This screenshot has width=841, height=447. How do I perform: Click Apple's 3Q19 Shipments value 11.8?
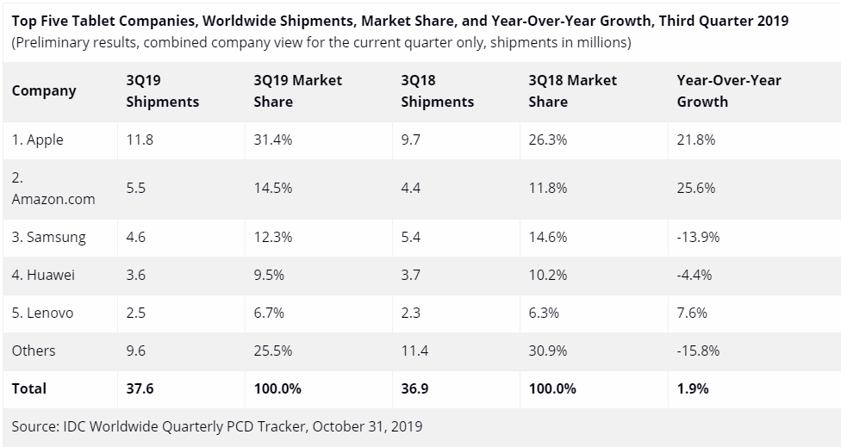140,140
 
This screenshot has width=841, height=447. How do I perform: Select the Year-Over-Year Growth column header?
729,90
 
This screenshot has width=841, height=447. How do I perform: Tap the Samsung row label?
49,237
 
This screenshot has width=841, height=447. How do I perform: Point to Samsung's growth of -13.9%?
699,237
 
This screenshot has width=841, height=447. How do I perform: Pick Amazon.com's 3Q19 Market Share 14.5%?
273,188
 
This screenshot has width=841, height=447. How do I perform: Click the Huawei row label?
43,275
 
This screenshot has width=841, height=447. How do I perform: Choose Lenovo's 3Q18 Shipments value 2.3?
411,313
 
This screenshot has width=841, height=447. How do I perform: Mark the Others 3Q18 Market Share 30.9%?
548,351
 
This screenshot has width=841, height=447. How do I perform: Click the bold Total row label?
29,388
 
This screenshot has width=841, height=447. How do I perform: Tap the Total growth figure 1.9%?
693,388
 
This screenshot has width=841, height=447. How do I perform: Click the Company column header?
44,90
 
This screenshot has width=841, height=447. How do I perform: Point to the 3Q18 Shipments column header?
438,90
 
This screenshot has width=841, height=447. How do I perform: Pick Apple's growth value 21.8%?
696,140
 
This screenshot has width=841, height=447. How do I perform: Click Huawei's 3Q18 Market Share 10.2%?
548,275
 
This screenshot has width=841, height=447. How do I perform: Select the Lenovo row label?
43,313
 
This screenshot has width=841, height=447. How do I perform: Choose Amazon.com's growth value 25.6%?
696,188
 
